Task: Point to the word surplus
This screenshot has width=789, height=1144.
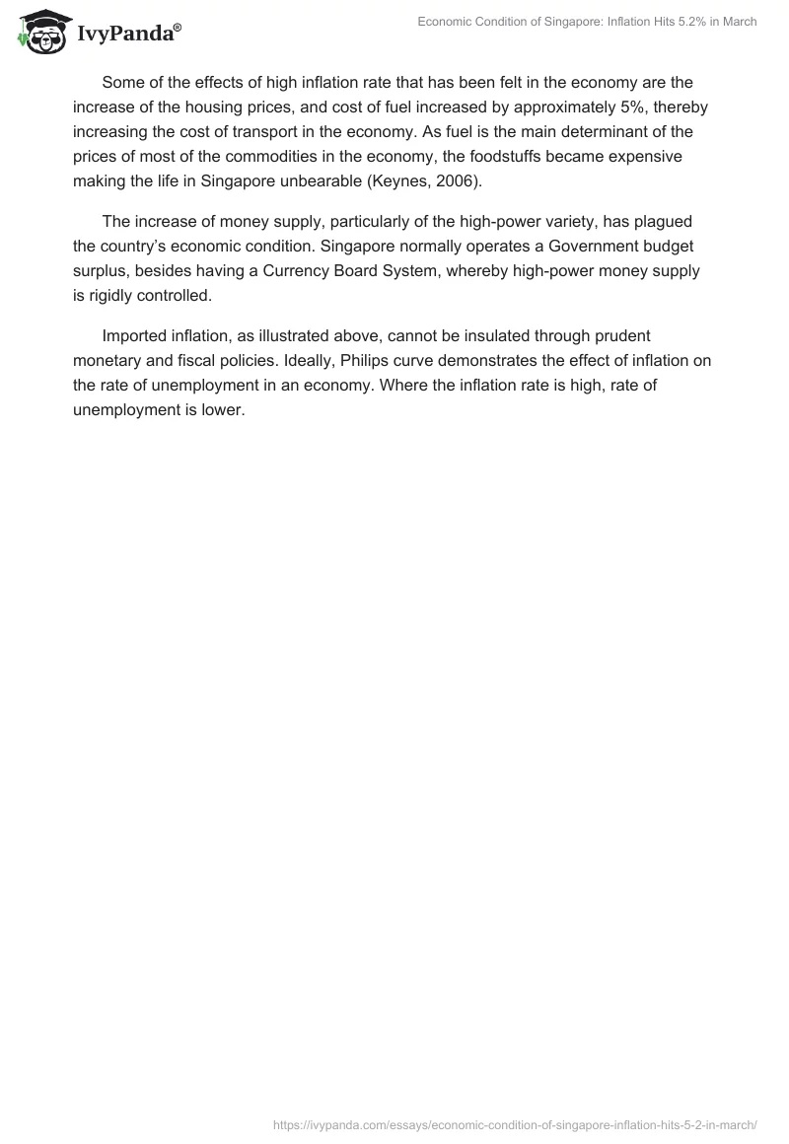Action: click(100, 271)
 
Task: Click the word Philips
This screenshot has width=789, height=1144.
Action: click(375, 360)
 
